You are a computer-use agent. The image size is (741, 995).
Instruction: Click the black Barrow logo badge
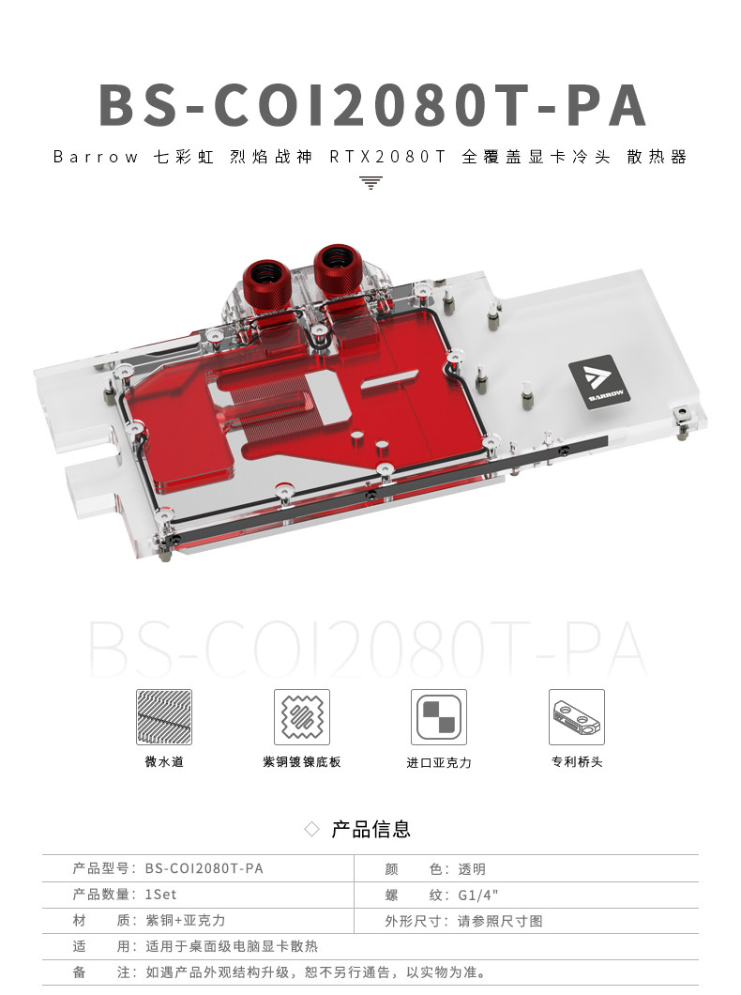(x=592, y=380)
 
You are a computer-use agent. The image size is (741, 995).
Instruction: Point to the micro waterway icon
(x=164, y=717)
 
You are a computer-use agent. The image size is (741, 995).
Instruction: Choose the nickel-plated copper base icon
(x=301, y=717)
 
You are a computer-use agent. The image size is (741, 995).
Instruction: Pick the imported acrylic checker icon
(x=438, y=717)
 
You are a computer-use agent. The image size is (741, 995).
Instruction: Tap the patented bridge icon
(x=576, y=717)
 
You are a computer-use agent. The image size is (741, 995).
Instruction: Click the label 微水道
(x=164, y=761)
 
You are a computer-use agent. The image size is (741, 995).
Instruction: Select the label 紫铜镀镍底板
(x=301, y=761)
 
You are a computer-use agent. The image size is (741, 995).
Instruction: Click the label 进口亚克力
(x=438, y=762)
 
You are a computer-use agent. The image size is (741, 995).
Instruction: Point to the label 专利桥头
(x=576, y=761)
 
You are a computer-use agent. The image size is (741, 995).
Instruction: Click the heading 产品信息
(x=370, y=829)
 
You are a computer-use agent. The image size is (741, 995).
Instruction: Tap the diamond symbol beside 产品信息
(x=313, y=830)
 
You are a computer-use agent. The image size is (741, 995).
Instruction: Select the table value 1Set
(x=160, y=895)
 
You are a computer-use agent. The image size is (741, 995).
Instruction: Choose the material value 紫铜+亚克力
(x=185, y=921)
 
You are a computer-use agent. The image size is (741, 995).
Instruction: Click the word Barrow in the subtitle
(x=95, y=157)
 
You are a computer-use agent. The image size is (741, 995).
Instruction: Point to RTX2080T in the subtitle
(x=386, y=157)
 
